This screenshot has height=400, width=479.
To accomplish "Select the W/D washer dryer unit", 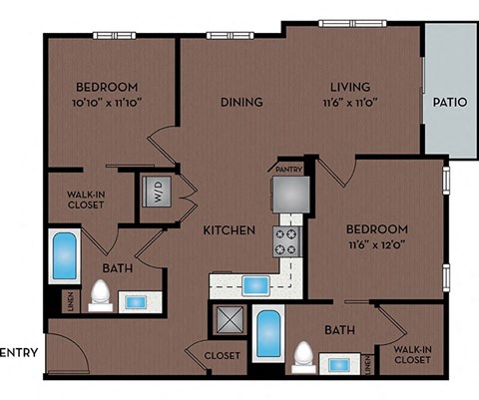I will pos(157,192).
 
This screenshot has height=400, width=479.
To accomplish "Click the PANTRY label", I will pos(288,170).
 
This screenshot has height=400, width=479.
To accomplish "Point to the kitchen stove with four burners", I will pos(288,240).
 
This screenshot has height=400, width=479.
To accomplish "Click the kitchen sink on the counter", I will pos(256,285).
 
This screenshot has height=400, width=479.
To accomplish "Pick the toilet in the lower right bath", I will pos(305,356).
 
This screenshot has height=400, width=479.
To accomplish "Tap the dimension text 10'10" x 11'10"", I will pos(106,103).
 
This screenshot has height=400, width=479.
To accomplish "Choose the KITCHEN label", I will pos(230,230).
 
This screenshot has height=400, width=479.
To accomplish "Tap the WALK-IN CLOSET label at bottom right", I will pos(412,356).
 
